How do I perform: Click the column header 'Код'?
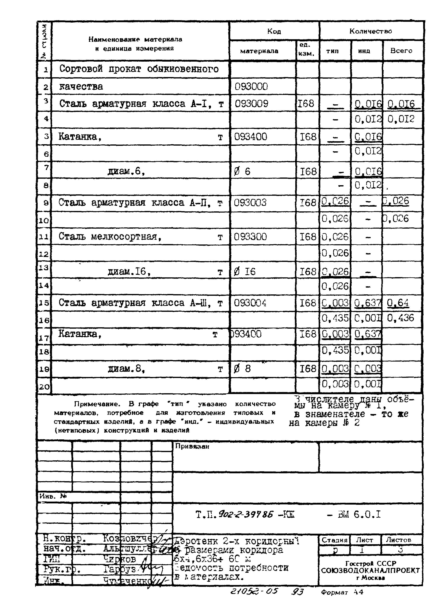[x=274, y=31]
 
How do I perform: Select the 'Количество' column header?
[x=370, y=31]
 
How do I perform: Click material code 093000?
[x=251, y=87]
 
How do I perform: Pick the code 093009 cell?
[x=251, y=104]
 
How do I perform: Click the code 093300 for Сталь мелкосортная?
[x=250, y=237]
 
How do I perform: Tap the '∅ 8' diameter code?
[x=242, y=369]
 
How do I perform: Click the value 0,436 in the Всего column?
[x=401, y=318]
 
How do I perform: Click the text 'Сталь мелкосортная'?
[x=110, y=237]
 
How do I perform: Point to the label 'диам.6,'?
[x=126, y=171]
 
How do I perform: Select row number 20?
[x=44, y=387]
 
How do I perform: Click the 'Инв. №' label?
[x=53, y=496]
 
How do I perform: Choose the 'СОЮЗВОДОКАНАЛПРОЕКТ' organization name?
[x=370, y=571]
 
